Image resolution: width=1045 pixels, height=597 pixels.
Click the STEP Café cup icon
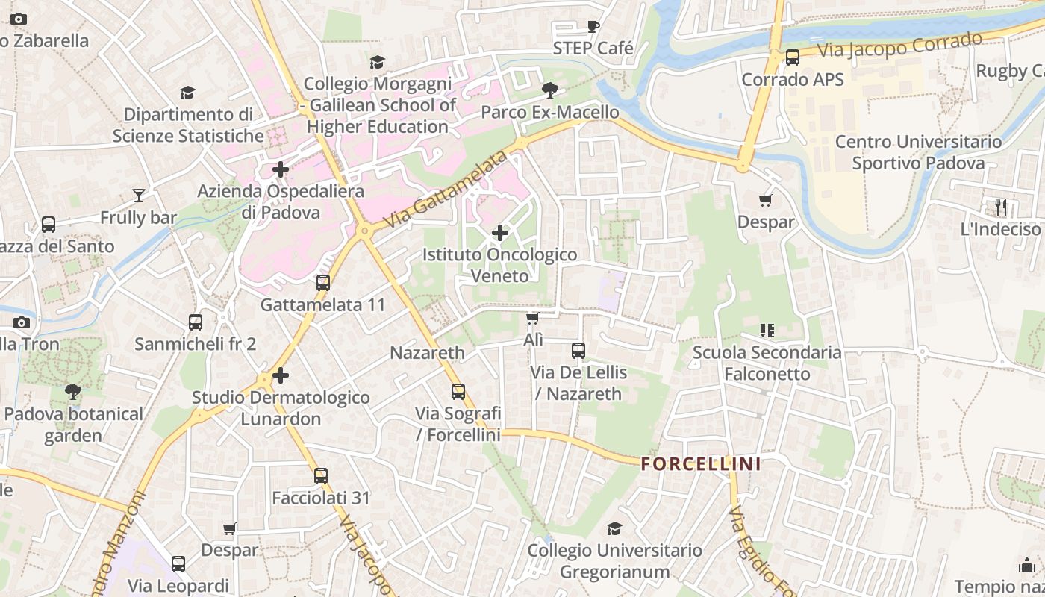click(593, 27)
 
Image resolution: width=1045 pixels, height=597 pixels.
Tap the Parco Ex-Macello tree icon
click(550, 90)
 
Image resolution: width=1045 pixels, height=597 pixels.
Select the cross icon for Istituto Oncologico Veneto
click(500, 233)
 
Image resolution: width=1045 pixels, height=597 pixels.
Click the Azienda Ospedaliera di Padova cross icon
click(281, 169)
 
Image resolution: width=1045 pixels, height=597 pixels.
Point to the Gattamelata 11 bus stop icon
click(323, 283)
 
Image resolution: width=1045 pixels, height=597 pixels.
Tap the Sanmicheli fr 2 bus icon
click(196, 322)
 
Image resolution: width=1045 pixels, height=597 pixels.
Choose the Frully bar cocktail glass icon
click(139, 196)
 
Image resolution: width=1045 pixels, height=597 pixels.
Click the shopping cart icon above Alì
click(532, 319)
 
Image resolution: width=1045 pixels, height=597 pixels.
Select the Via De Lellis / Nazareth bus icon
click(578, 350)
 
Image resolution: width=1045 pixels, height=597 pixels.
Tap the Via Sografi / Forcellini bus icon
click(458, 391)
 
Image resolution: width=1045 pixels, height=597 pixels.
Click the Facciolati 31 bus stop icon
click(321, 475)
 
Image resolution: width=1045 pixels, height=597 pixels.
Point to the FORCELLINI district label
click(701, 464)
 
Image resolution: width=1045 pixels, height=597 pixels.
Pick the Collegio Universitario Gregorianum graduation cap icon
click(614, 528)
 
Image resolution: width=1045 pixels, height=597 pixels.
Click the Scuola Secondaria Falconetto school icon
click(767, 330)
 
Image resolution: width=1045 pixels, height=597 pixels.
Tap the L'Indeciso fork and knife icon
click(1001, 207)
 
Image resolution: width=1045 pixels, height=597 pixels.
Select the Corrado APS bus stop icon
click(793, 57)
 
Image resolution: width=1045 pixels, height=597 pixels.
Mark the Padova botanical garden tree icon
click(73, 391)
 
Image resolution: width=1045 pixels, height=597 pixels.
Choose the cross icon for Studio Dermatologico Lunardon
click(281, 375)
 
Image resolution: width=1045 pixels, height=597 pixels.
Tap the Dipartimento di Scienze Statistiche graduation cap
click(188, 93)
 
